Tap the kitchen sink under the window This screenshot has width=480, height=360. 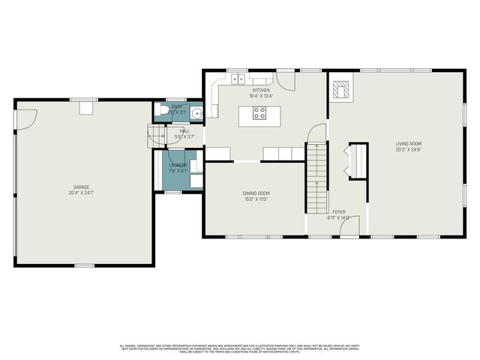click(238, 78)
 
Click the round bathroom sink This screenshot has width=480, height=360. click(195, 114)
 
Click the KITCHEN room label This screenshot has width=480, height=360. click(260, 90)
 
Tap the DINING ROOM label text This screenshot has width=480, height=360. click(255, 193)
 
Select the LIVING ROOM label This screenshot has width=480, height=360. click(409, 143)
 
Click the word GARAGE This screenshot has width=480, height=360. click(82, 186)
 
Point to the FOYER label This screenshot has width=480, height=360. click(339, 213)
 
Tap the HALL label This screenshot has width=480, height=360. click(184, 131)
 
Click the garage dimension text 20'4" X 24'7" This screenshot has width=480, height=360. click(82, 192)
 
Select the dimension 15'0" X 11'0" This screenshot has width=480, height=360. click(255, 199)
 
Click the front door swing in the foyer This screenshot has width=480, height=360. click(351, 226)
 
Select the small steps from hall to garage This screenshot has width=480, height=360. click(154, 136)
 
